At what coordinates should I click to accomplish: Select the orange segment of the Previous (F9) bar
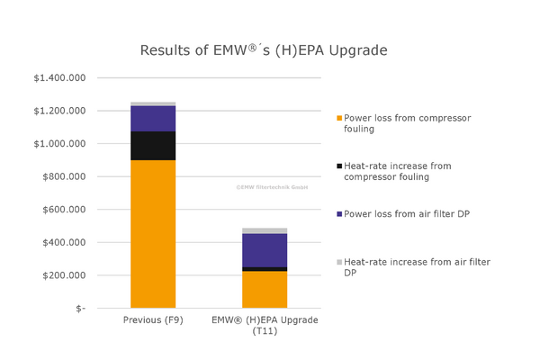coord(153,234)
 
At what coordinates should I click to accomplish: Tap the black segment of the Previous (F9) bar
coord(153,146)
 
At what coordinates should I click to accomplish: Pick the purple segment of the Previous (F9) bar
coord(153,119)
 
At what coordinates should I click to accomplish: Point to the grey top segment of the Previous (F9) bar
coord(153,104)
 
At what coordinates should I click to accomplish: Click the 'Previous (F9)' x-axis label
coord(153,320)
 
